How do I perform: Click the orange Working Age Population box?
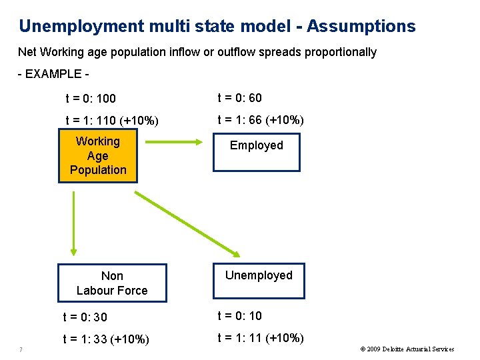97,156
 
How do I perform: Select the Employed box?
257,152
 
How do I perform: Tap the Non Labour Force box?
112,283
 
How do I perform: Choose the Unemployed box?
259,280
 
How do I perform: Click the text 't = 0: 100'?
91,99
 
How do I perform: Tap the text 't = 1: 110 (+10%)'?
112,121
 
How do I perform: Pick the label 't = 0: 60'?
239,98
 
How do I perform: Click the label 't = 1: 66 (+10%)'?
261,120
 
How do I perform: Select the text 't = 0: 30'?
85,317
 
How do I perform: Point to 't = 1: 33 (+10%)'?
105,339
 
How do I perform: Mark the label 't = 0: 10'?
239,316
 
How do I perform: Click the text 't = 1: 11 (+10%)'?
261,337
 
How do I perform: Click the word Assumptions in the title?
361,27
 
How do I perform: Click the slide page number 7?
22,349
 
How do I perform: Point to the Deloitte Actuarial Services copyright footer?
407,349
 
